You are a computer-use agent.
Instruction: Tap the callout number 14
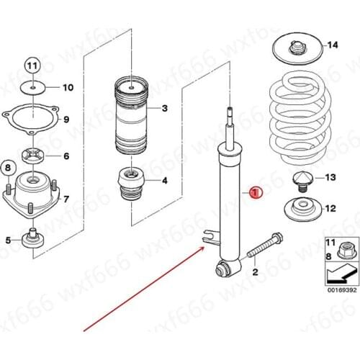tap(332, 45)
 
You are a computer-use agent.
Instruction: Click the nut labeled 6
tap(33, 155)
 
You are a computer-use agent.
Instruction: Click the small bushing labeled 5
tap(33, 238)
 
